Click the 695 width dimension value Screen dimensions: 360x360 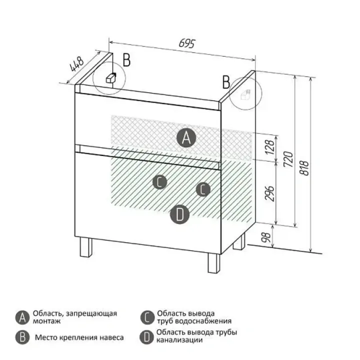click(186, 43)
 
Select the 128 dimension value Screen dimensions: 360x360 click(269, 147)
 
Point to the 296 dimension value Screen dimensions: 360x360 click(269, 193)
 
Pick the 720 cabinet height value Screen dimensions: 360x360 click(288, 159)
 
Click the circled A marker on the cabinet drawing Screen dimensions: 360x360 click(186, 138)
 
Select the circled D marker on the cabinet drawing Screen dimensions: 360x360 click(180, 214)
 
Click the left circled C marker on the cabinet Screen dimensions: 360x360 click(160, 182)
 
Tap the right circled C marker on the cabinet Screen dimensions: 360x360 click(203, 189)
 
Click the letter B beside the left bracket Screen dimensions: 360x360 click(126, 60)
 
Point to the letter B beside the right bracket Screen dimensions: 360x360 click(226, 82)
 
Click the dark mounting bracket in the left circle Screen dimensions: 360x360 click(111, 77)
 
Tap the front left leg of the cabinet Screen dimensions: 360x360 click(86, 247)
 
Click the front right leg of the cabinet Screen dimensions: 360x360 click(214, 263)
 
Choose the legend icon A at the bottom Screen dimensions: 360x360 click(22, 317)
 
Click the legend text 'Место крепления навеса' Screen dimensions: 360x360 click(79, 337)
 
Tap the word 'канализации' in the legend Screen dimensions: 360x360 click(179, 340)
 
